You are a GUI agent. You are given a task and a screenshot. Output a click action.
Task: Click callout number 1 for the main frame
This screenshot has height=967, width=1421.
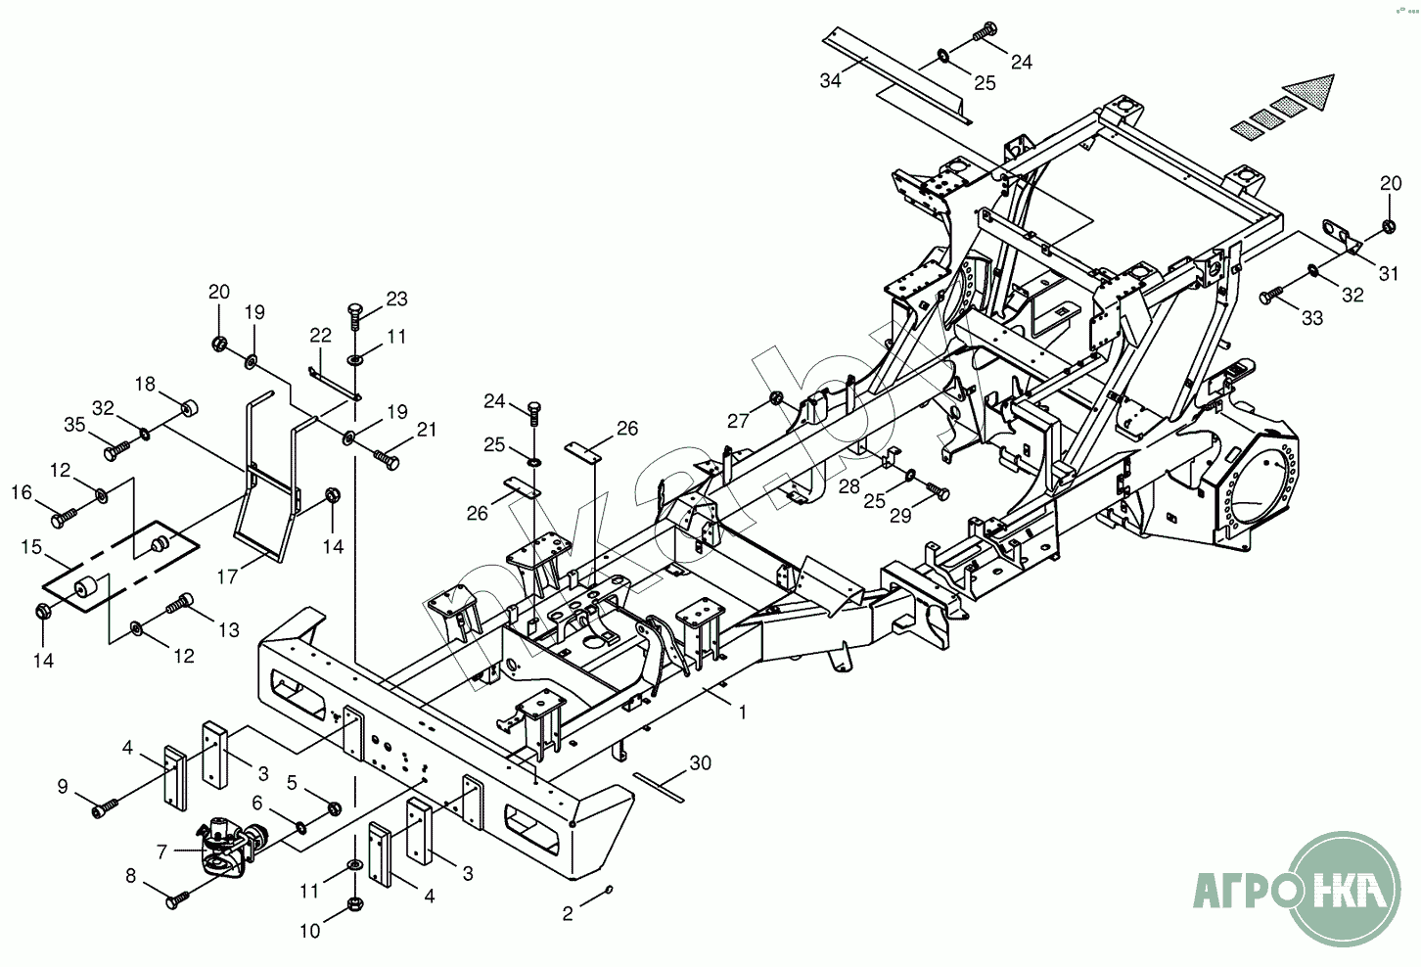[743, 713]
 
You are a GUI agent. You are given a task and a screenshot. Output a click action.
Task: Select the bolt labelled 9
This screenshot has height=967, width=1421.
[105, 808]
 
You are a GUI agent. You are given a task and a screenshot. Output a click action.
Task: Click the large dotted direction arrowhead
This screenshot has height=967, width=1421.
[1308, 92]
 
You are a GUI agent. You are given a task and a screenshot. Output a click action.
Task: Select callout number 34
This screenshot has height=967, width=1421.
[830, 80]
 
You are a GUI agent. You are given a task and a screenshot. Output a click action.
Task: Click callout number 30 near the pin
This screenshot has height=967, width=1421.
[700, 762]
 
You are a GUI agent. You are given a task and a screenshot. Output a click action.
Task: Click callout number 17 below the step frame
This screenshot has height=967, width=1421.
[227, 577]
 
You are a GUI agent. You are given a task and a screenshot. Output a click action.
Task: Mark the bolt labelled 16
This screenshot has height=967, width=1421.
[64, 513]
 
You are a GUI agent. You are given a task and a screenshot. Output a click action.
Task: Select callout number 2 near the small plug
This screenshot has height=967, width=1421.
[568, 914]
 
